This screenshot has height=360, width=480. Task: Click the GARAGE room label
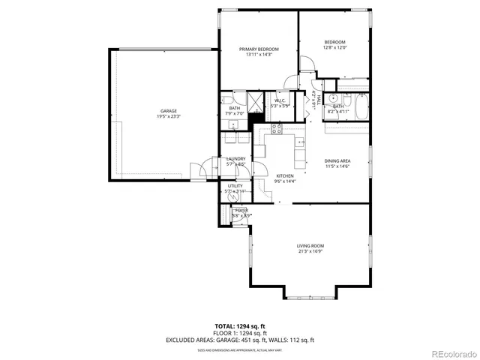(x=168, y=111)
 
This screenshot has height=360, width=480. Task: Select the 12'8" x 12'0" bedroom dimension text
(x=334, y=47)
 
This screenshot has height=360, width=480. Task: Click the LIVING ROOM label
(x=310, y=246)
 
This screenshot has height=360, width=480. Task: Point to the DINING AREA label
(x=337, y=160)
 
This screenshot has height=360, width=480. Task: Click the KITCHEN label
(x=265, y=175)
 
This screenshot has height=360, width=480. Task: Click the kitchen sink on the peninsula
(x=301, y=141)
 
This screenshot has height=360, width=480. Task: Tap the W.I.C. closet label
(x=280, y=100)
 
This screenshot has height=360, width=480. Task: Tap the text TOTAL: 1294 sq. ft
(x=240, y=326)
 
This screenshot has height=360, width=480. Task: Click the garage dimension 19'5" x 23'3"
(x=168, y=117)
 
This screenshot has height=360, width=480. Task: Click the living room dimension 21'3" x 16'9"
(x=310, y=252)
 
